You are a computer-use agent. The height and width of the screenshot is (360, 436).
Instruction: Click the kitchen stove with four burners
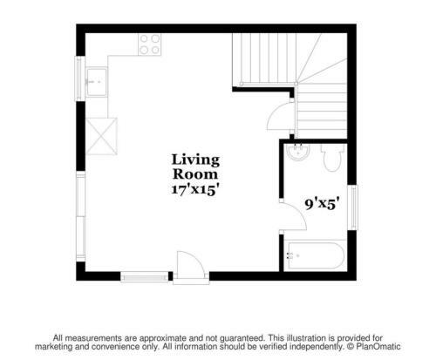(x=150, y=44)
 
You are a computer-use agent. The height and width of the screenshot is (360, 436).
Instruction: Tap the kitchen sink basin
(x=97, y=82)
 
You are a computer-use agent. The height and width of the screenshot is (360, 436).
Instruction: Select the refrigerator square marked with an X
(x=102, y=136)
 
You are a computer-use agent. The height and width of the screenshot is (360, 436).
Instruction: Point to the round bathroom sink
(x=297, y=152)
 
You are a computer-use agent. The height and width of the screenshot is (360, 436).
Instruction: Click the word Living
(x=195, y=160)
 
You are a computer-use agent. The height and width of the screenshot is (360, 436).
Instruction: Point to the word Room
(x=195, y=174)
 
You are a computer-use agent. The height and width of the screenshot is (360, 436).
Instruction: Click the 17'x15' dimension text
(x=194, y=190)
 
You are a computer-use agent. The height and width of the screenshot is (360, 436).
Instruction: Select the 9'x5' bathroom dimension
(x=322, y=204)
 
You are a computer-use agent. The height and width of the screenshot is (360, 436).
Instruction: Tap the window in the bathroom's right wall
(x=353, y=207)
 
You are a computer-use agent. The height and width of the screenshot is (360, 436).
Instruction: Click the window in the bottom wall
(x=145, y=276)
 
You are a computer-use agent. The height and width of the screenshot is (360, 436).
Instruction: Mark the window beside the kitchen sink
(x=79, y=78)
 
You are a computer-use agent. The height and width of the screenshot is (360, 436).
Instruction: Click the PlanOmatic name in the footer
(x=378, y=347)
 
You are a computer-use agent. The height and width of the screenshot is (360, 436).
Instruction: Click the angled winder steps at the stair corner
(x=322, y=58)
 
